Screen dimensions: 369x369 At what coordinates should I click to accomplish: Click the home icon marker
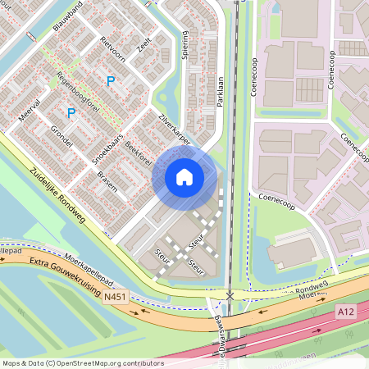coord(184,176)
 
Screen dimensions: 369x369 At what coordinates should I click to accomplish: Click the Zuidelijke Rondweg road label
coord(58,196)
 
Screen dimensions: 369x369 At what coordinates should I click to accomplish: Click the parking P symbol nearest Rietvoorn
coord(110,80)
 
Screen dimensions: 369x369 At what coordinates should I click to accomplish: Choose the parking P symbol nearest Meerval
coord(71,112)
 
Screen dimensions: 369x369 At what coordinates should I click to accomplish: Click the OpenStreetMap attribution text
coord(83,362)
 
